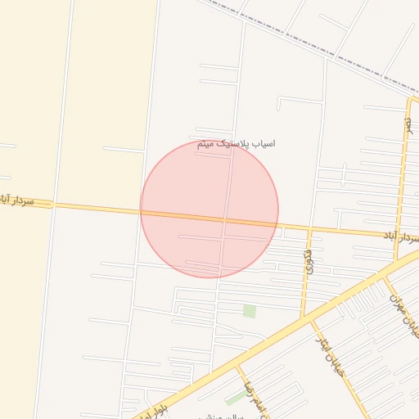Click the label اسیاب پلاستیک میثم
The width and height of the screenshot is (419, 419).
[236, 144]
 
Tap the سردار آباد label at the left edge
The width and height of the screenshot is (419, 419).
[17, 200]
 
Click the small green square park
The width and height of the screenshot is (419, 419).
[249, 311]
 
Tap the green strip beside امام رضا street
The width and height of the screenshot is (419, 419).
[236, 399]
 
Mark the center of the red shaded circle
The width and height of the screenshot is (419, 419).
[209, 209]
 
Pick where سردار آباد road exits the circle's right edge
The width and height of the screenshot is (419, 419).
[278, 224]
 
